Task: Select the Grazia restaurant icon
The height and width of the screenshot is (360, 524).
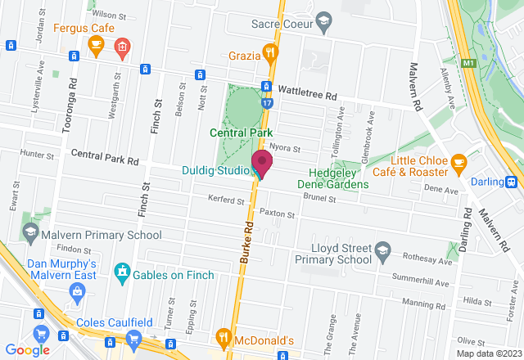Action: [x=271, y=55]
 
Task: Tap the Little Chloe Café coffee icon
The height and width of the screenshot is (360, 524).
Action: [x=458, y=162]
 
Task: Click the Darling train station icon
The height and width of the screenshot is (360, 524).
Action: [x=512, y=182]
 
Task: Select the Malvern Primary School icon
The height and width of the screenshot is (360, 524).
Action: [x=30, y=232]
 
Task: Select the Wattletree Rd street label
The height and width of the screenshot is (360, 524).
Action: [x=307, y=95]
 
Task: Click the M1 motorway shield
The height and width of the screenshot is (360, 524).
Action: [x=469, y=62]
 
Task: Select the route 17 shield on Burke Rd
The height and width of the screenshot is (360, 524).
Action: [x=267, y=104]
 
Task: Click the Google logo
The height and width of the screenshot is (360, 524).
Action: [x=27, y=350]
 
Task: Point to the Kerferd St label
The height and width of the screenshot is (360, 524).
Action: [x=226, y=200]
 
